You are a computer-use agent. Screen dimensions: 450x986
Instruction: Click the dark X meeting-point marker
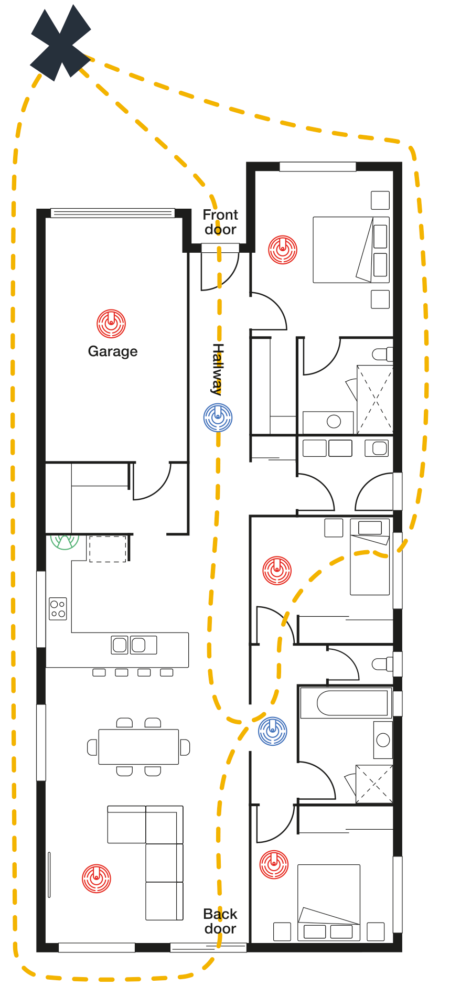click(60, 43)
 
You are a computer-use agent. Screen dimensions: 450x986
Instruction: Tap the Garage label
click(113, 351)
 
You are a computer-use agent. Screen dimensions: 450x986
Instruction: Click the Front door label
click(220, 222)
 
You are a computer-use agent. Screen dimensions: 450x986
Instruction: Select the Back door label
click(220, 921)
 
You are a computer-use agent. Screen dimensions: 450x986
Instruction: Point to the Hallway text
click(218, 369)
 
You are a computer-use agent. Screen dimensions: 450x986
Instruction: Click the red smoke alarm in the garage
click(111, 324)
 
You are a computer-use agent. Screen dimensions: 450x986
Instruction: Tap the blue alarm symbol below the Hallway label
click(218, 417)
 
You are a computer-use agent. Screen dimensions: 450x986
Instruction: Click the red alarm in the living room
click(97, 878)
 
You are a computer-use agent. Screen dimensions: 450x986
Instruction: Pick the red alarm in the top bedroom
click(283, 249)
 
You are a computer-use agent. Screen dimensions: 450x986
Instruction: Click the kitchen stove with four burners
click(58, 609)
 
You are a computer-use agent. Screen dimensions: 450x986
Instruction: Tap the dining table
click(138, 747)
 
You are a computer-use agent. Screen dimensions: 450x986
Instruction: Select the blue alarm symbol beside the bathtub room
click(273, 731)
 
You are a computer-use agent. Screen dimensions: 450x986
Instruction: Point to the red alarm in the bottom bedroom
click(274, 864)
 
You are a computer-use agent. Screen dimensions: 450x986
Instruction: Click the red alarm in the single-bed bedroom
click(277, 571)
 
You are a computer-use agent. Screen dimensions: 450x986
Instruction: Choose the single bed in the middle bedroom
click(370, 557)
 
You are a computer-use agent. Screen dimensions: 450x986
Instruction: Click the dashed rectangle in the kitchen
click(108, 549)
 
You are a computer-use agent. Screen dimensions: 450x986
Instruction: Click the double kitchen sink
click(134, 645)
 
